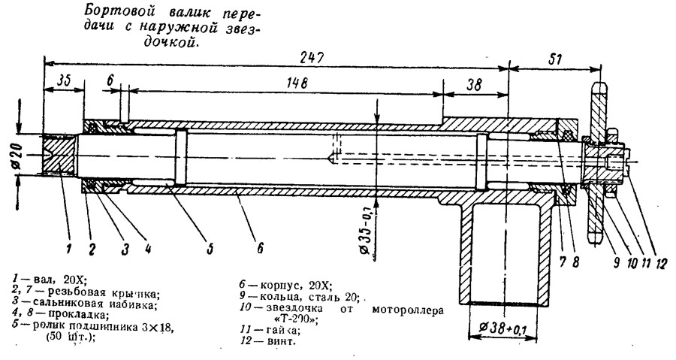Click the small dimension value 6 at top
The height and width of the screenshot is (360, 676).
[x=110, y=80]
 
